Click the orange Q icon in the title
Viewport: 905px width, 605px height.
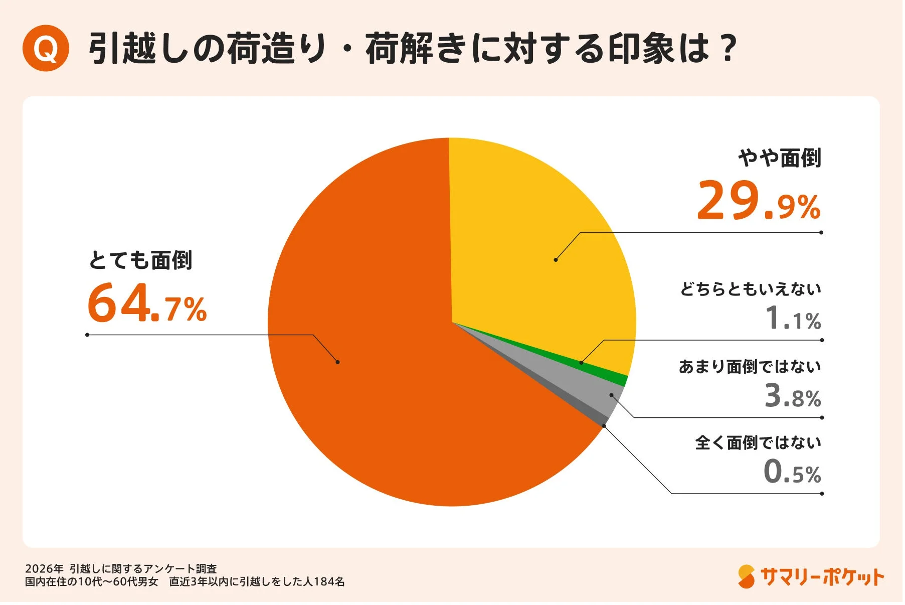[46, 48]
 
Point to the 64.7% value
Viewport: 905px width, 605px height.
[146, 303]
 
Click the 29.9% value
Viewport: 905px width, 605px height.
[758, 201]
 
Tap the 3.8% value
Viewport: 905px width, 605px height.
[793, 396]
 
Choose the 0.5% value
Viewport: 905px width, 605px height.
[792, 473]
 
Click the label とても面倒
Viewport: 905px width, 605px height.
[140, 260]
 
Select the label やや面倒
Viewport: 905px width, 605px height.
[780, 158]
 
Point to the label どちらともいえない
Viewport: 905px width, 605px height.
[751, 289]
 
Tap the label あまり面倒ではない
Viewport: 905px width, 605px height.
[750, 367]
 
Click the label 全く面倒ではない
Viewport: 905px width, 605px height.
[758, 443]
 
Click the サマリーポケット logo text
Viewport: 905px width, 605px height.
[822, 577]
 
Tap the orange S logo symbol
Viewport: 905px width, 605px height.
[746, 577]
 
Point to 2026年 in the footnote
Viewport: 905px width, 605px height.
[44, 569]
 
